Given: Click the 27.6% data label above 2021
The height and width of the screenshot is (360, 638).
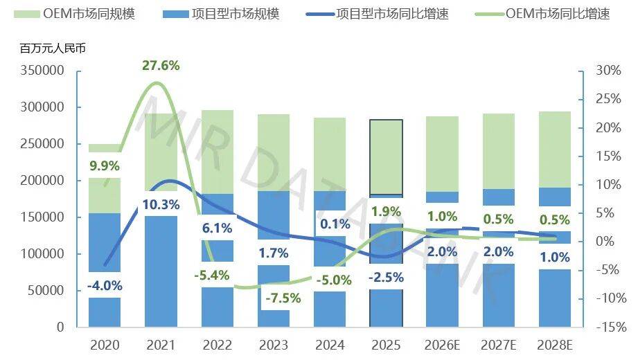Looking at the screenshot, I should coord(161,66).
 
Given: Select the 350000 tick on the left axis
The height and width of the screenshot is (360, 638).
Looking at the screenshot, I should coord(43,71).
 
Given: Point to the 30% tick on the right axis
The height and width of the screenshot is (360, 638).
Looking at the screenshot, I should coord(608,71).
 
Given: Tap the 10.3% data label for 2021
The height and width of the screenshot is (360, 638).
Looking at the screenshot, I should coord(161,204).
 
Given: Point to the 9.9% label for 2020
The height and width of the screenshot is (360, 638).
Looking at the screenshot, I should coord(104,166).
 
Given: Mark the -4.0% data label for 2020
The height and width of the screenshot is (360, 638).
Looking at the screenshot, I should coord(105,285).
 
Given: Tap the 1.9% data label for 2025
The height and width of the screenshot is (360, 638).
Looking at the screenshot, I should coord(387,211).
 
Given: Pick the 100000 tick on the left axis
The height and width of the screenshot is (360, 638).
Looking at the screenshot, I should coord(43,254).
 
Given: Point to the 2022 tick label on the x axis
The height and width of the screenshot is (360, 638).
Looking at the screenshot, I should coord(217,344).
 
